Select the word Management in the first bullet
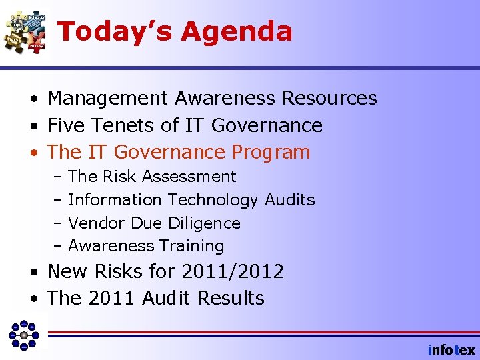pos(107,99)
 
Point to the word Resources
pos(329,99)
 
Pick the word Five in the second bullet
pos(67,125)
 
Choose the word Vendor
pos(97,223)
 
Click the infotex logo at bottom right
pos(451,350)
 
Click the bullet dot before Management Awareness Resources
pos(33,99)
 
